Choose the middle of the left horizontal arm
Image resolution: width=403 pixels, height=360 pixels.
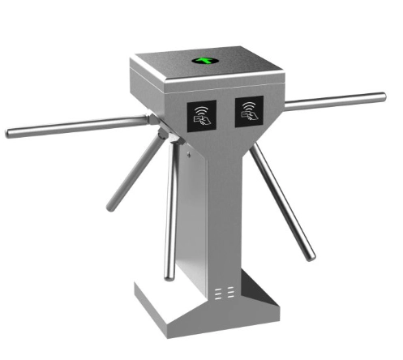[x=77, y=126]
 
